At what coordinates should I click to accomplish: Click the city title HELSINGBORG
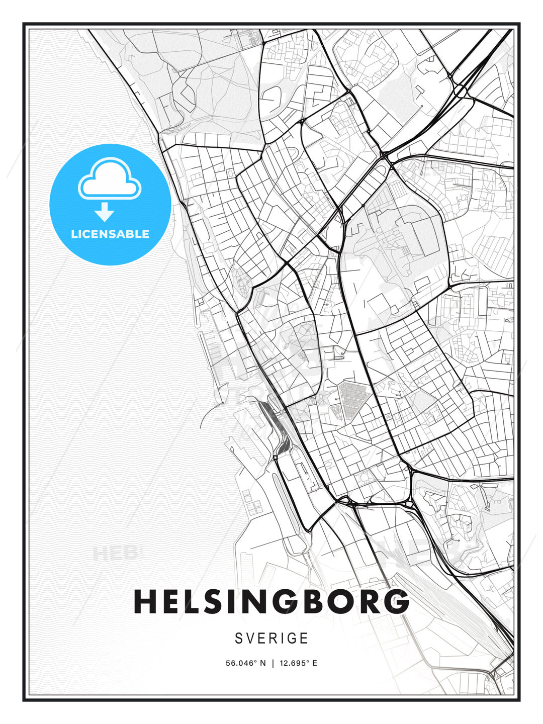point(271,602)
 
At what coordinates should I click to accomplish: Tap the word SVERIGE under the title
point(271,639)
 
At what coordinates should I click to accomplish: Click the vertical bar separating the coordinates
point(272,663)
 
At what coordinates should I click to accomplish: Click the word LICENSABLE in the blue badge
point(110,234)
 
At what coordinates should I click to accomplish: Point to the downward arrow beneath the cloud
point(105,212)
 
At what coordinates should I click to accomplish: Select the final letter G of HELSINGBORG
point(398,602)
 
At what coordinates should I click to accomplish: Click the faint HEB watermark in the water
point(115,554)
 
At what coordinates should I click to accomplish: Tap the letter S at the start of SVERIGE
point(239,639)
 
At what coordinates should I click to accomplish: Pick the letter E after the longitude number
point(315,663)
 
